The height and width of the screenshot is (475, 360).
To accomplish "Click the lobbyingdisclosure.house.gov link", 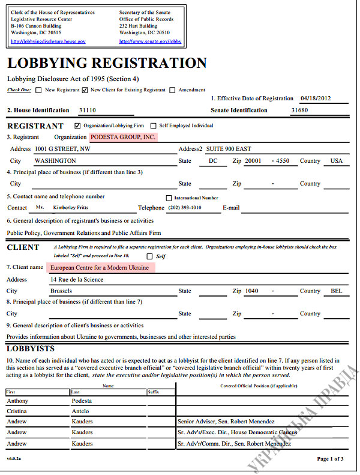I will pos(48,41).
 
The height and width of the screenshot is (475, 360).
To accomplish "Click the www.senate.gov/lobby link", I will pos(150,41).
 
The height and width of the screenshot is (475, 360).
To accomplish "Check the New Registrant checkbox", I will pos(39,91).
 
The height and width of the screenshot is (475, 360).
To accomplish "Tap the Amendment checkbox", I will pos(173,91).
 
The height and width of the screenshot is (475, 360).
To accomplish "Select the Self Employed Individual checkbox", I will pos(154,126).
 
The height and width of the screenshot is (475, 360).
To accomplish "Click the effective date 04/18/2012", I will pos(316,98).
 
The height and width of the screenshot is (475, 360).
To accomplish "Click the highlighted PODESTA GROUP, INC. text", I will pos(122,137).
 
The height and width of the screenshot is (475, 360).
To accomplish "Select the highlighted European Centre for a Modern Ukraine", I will pos(100,267).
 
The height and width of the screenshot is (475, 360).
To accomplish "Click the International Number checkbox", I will pos(169,198).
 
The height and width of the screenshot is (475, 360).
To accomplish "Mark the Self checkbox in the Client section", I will pos(149,256).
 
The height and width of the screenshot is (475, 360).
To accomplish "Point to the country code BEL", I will pos(337,291).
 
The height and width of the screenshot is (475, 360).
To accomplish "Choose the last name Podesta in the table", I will pos(82,401).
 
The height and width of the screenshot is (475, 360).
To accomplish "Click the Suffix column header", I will pos(154,392).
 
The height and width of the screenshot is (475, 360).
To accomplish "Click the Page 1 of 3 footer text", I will pos(330,459).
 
